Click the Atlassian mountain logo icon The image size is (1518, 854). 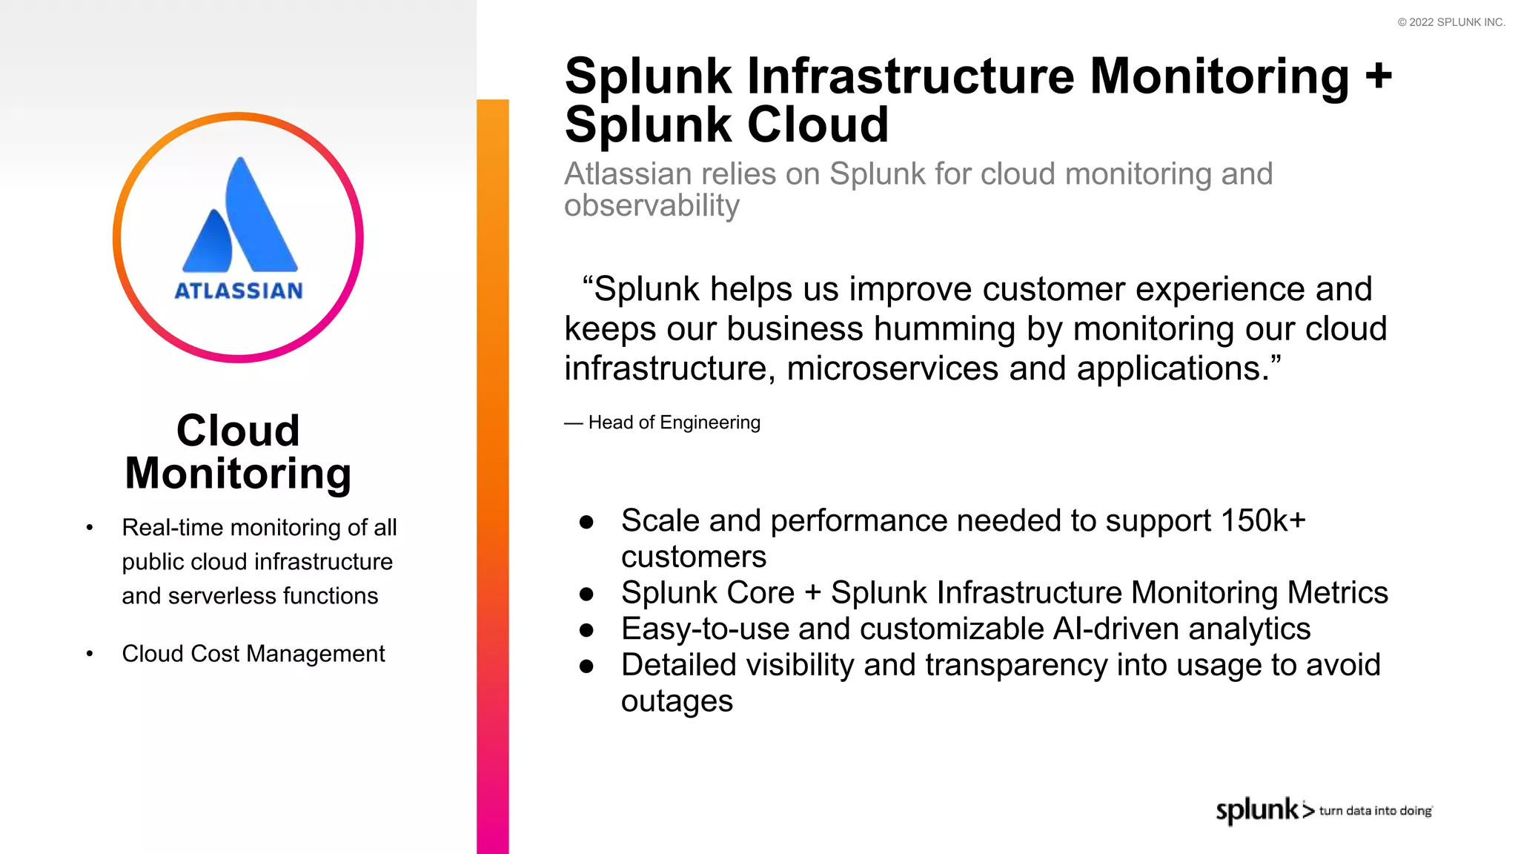(x=239, y=216)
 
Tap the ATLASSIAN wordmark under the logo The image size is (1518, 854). (x=239, y=291)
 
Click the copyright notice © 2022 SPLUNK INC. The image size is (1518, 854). (x=1451, y=22)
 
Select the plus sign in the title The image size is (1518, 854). (x=1379, y=76)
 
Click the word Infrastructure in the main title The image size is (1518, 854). (x=910, y=76)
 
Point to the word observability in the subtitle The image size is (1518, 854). (x=652, y=205)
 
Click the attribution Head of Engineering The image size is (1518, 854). (x=674, y=423)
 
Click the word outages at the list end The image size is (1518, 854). (x=677, y=701)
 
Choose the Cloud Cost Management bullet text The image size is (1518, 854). (x=253, y=654)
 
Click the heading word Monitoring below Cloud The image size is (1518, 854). (x=238, y=474)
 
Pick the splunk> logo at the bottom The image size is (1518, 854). (x=1264, y=810)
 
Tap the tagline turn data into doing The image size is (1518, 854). (x=1375, y=811)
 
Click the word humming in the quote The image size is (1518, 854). (x=941, y=328)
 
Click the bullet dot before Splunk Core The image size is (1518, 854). (x=587, y=594)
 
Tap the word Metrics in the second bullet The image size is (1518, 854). (x=1337, y=593)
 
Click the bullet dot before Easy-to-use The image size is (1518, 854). (x=587, y=630)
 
